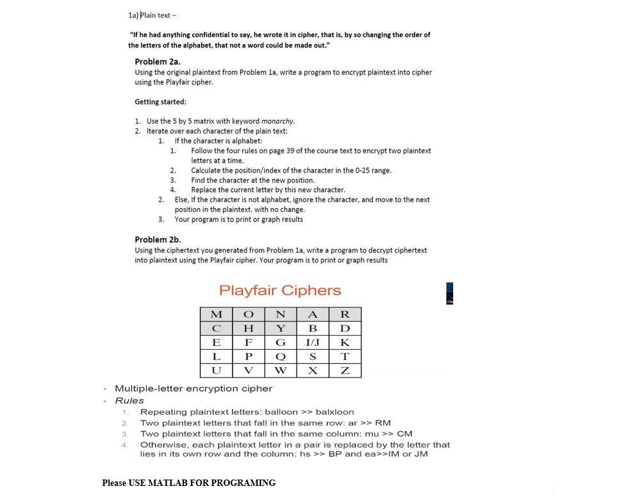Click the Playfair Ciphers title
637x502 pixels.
coord(280,290)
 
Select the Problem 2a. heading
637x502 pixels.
coord(157,62)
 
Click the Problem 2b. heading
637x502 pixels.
coord(157,239)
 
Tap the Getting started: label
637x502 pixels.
coord(160,101)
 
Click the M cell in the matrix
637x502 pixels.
coord(217,315)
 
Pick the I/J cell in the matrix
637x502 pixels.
coord(313,343)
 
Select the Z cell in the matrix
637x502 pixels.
coord(345,371)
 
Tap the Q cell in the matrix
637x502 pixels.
coord(280,357)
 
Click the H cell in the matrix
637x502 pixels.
coord(248,329)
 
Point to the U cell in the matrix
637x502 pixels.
coord(217,371)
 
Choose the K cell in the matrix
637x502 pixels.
coord(345,343)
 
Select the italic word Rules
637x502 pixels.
coord(129,400)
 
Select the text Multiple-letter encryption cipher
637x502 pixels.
coord(193,388)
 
